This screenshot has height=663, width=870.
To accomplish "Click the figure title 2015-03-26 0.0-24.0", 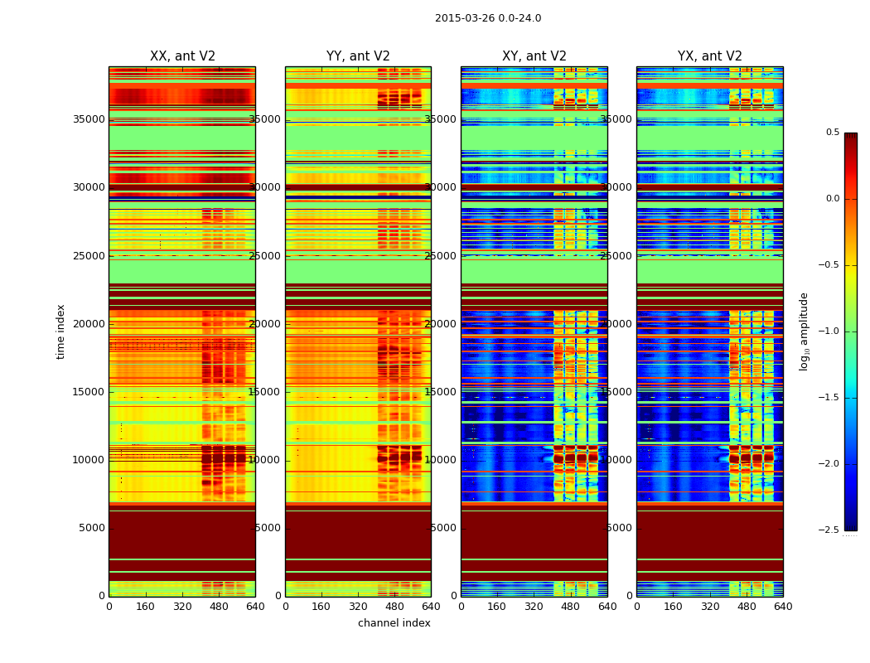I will (x=488, y=18).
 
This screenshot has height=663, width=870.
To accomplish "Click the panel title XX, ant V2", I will (x=182, y=56).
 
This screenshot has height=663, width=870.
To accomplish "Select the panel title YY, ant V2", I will (x=358, y=56).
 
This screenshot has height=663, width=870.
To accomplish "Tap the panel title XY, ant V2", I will (x=534, y=56).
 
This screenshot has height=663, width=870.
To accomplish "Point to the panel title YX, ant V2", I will (x=710, y=56).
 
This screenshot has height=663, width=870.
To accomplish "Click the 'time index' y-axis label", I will (x=61, y=331).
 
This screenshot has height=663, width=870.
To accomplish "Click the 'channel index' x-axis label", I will (x=394, y=623).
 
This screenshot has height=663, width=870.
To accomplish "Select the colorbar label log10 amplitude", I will (x=804, y=331).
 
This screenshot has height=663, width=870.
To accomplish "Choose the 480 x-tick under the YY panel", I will (x=394, y=607).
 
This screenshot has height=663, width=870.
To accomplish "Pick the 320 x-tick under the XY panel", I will (x=534, y=607).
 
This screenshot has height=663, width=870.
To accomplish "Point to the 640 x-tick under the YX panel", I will (x=783, y=607).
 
